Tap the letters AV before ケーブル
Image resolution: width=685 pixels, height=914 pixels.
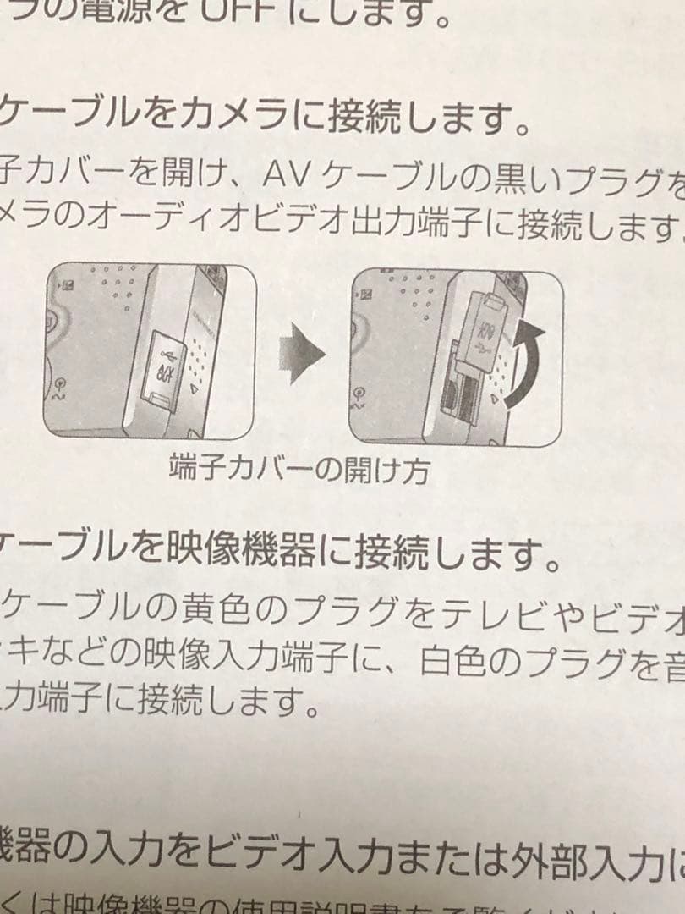(x=289, y=174)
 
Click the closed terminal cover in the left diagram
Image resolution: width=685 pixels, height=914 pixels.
(x=165, y=369)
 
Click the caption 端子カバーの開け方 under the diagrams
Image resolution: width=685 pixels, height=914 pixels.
(x=299, y=468)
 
